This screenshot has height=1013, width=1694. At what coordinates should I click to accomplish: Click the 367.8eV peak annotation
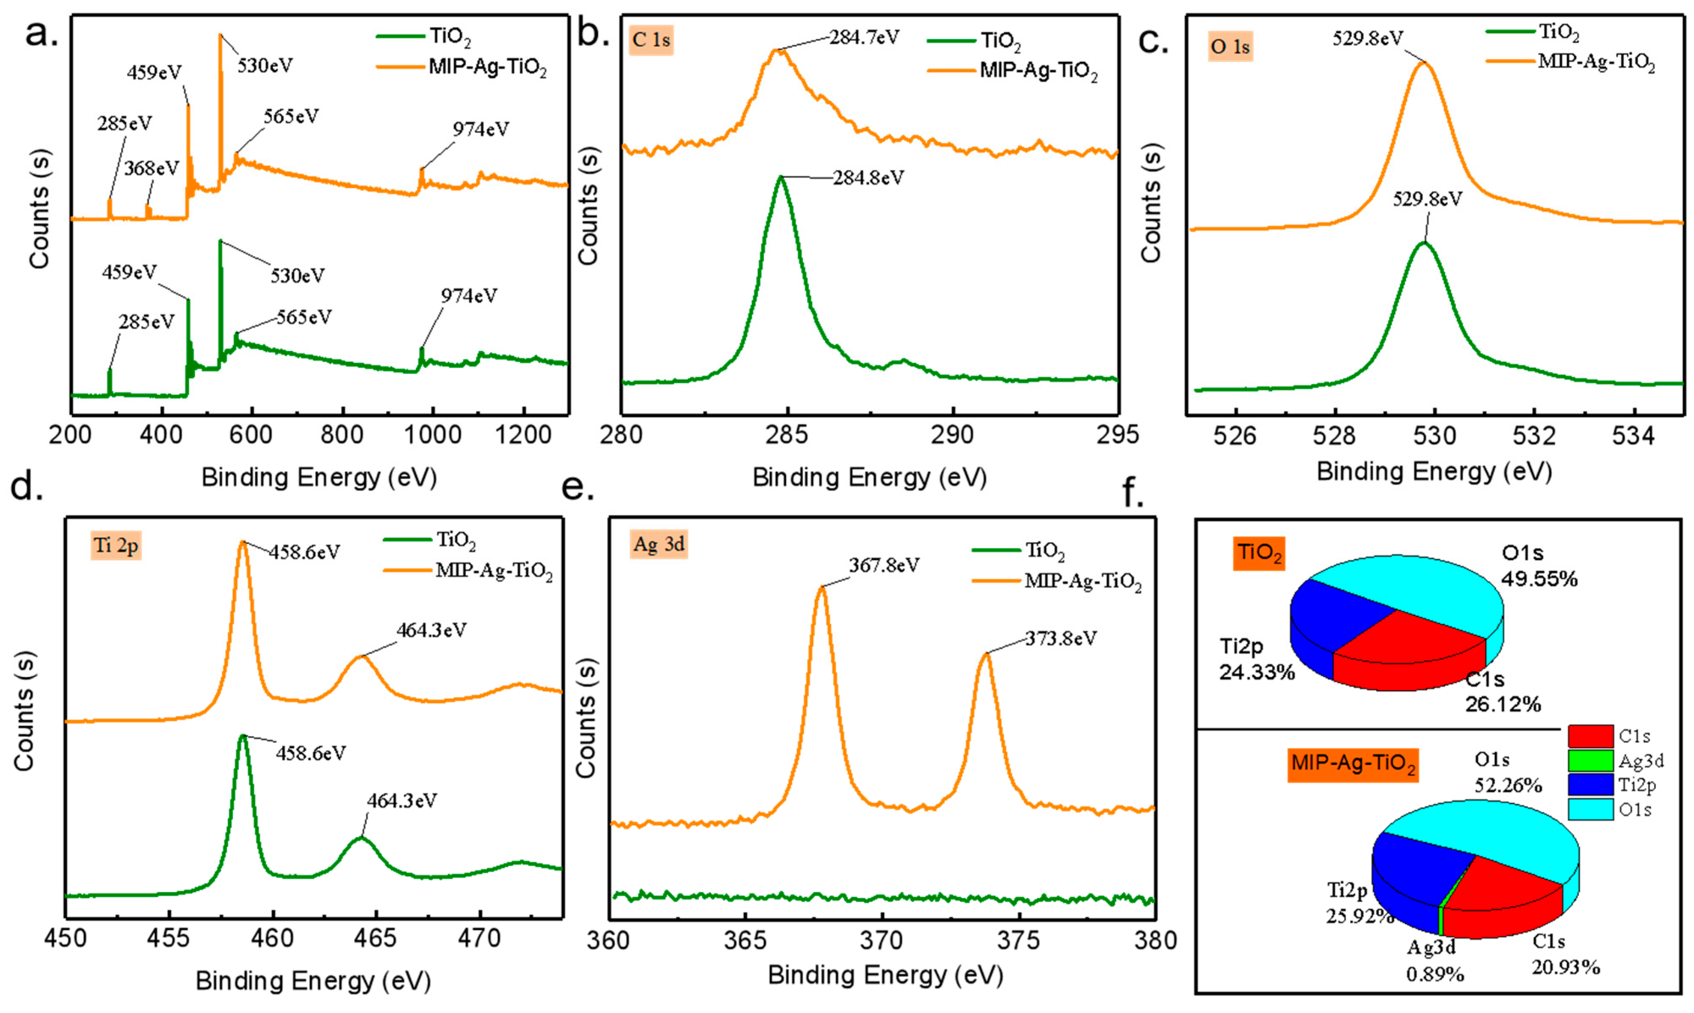[884, 565]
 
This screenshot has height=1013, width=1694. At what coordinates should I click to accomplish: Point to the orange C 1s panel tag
[651, 40]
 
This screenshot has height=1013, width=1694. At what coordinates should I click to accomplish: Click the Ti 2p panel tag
[116, 545]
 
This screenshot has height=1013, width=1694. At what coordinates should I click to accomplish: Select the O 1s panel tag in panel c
[1230, 47]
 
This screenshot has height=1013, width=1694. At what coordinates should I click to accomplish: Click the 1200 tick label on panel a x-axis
[523, 434]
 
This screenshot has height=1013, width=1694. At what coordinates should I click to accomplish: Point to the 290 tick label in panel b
[953, 434]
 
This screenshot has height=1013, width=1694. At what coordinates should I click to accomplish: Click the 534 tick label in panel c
[1633, 435]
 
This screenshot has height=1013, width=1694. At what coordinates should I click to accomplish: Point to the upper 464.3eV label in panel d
[431, 630]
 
